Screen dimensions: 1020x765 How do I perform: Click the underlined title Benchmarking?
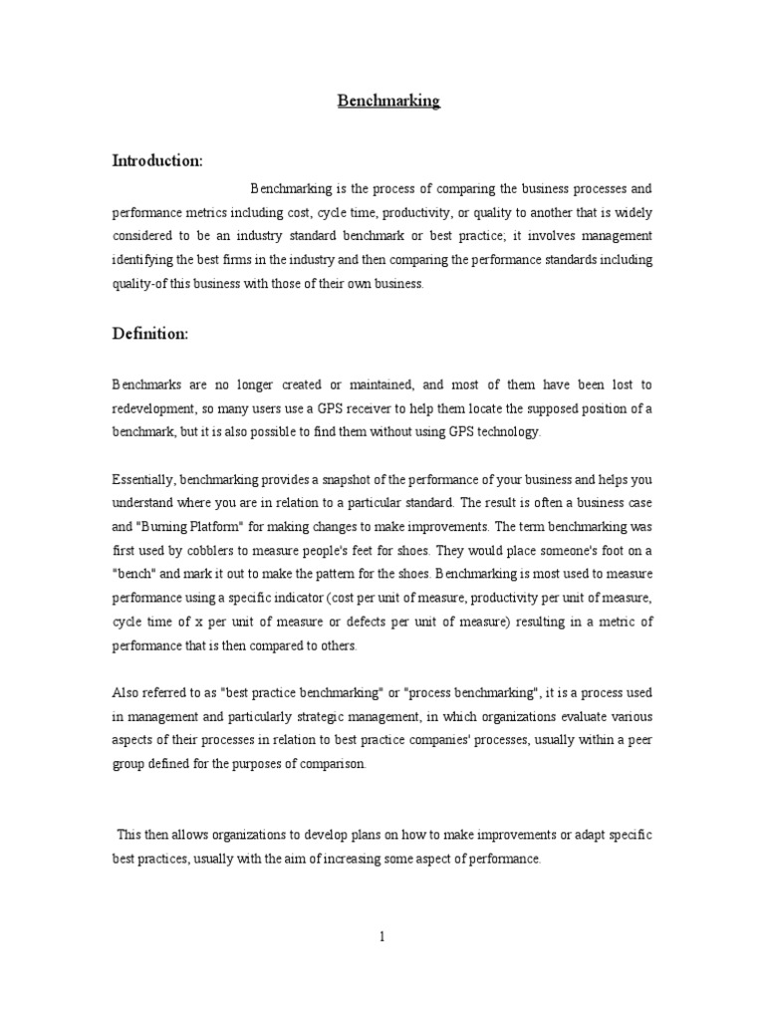388,102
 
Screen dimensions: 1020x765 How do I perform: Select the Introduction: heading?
157,160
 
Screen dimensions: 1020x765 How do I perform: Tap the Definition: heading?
149,334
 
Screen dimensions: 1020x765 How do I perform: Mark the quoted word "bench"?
132,575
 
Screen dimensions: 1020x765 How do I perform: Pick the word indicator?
325,599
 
